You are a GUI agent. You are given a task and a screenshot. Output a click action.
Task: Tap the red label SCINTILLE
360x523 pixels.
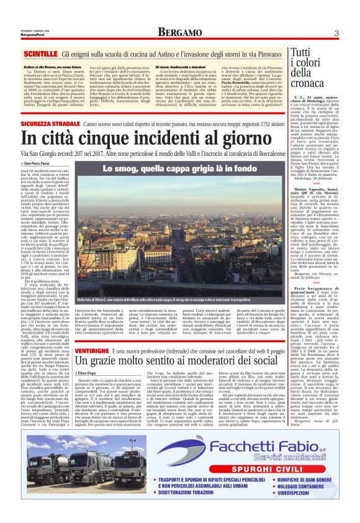[42, 55]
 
